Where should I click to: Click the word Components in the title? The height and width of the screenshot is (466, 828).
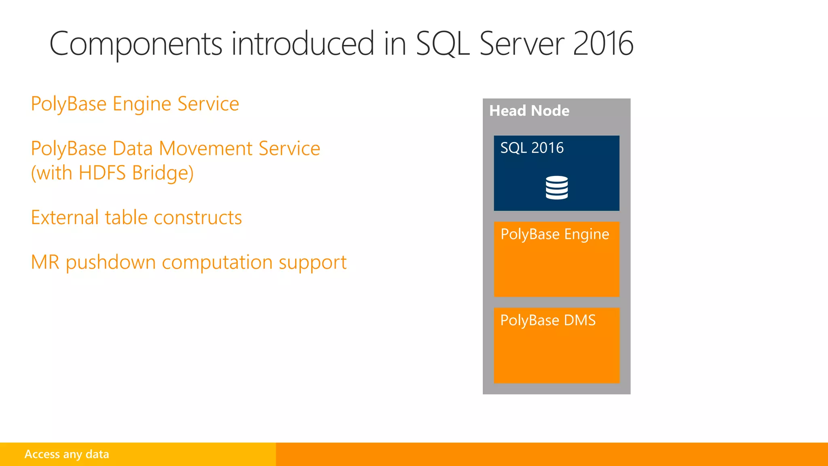(135, 44)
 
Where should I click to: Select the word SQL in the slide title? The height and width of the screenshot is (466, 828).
(442, 44)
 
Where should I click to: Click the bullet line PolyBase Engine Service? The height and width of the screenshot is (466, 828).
(135, 104)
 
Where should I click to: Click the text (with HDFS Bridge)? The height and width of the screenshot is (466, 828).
(112, 173)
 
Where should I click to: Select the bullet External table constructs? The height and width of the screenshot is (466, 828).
(136, 218)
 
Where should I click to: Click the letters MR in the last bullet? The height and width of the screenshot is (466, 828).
(45, 262)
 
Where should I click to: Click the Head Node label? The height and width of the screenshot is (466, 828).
(529, 111)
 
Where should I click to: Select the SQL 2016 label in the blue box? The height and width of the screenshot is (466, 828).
(532, 148)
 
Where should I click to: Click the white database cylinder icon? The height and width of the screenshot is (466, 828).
(556, 188)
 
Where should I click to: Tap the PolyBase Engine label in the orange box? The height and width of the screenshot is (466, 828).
(554, 234)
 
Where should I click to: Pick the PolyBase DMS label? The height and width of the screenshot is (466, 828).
(548, 320)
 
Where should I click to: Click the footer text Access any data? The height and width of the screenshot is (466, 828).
(67, 454)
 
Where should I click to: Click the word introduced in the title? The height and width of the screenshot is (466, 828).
(302, 44)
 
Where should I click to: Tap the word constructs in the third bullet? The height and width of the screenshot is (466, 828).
(198, 218)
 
